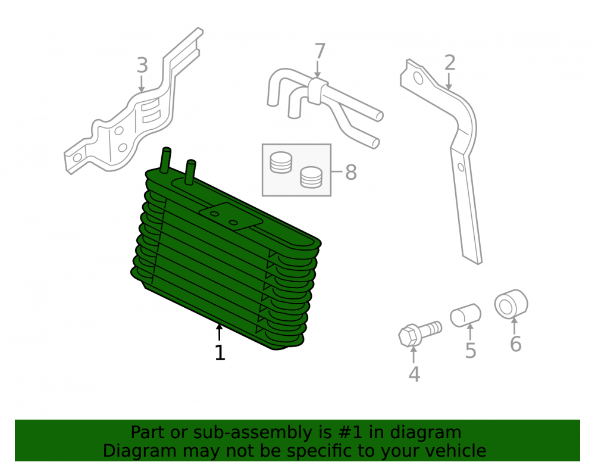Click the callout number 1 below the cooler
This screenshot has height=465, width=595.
point(220,352)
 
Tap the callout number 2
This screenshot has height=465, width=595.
point(450,63)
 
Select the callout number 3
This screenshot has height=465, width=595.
point(142,65)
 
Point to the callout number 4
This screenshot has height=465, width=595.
point(414,375)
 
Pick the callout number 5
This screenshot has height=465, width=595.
point(471,350)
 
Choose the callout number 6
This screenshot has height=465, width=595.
point(515,344)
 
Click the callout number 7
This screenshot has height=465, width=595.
point(320,51)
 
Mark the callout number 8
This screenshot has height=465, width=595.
point(351,172)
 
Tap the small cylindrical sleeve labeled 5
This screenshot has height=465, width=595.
point(466,315)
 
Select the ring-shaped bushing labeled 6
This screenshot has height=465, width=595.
point(511,304)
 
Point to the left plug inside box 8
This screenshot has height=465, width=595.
point(281,163)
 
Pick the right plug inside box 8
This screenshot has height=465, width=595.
point(311,177)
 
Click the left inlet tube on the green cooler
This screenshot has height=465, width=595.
point(165,160)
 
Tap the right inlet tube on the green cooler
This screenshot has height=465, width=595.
point(190,172)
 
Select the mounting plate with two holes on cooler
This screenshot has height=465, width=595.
point(231,216)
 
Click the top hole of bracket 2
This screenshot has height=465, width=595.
point(418,78)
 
